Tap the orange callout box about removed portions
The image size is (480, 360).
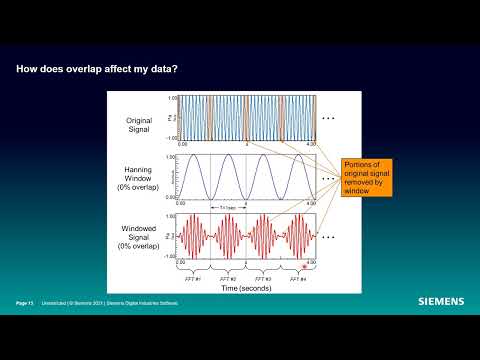click(365, 176)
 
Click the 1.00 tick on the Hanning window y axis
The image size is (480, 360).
click(171, 157)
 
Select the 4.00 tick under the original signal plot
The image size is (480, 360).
click(311, 144)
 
